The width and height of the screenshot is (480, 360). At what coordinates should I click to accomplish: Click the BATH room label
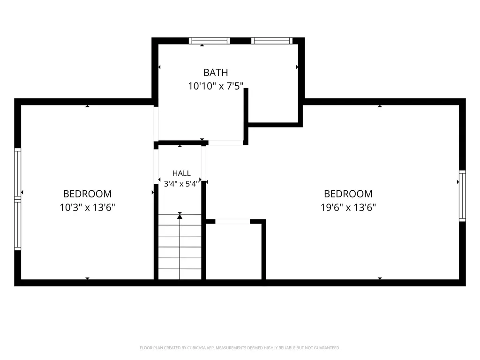point(216,73)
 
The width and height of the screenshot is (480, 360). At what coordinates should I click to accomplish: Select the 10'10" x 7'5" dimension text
point(216,86)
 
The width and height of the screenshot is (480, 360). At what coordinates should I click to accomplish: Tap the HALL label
point(181,173)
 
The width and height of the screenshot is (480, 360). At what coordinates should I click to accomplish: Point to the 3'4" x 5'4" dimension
point(181,184)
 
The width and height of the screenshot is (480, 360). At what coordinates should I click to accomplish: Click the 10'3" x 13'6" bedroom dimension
point(87,208)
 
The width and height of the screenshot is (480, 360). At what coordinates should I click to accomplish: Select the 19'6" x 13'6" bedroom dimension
point(348,208)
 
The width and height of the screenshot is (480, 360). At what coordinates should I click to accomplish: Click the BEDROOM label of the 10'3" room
point(87,194)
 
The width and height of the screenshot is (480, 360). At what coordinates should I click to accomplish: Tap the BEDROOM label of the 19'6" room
point(348,194)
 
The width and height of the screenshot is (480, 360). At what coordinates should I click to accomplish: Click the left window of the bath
point(210,41)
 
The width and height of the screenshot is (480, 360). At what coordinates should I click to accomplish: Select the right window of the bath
point(272,41)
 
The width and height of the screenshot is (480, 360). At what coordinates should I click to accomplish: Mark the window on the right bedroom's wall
point(462,196)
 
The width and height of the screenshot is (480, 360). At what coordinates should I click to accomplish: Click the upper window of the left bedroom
point(18,174)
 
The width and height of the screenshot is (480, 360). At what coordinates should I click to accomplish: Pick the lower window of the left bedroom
point(18,225)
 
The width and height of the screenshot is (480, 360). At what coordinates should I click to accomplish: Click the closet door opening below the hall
point(232,221)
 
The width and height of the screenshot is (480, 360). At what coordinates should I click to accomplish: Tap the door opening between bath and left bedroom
point(156,124)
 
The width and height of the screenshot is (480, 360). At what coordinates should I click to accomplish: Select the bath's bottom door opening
point(225,142)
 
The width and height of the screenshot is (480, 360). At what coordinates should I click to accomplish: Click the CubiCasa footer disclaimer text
point(240,348)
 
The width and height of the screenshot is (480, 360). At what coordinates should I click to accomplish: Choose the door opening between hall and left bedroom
point(156,166)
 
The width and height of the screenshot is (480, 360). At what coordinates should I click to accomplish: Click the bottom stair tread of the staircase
point(180,274)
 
